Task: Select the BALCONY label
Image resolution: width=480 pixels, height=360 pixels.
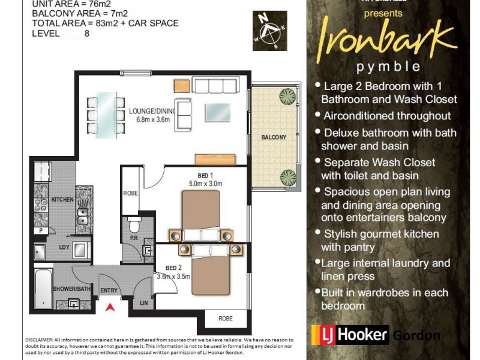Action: (x=274, y=137)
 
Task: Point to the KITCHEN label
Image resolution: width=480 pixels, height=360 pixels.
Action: (x=62, y=199)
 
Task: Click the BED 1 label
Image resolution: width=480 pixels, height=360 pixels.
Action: (x=198, y=176)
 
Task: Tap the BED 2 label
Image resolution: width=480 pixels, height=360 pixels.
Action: (x=173, y=269)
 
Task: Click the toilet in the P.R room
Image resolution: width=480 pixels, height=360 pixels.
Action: (x=135, y=226)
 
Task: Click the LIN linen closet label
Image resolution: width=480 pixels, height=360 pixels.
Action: (x=143, y=304)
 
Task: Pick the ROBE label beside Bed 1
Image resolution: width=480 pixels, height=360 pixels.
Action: (x=130, y=193)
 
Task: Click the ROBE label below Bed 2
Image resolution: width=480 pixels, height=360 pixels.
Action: (x=225, y=319)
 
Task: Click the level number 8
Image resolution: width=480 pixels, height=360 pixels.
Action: (x=87, y=34)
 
